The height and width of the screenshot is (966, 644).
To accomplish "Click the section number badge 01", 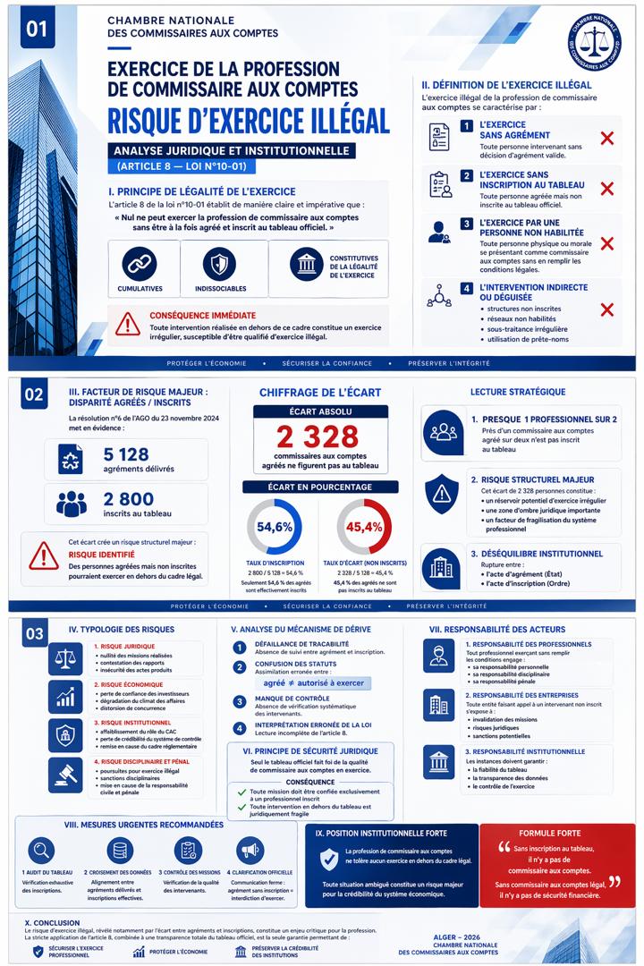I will point(37,29).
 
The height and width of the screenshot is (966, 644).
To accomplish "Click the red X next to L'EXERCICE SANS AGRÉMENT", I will point(606,138).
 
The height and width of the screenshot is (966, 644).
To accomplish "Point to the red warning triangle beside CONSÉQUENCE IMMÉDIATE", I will point(128,322).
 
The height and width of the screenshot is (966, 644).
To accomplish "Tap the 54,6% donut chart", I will point(275,527).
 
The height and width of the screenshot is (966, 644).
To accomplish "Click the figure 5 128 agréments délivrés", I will point(126,454).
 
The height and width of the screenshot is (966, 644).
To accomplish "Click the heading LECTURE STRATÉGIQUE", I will point(517,392).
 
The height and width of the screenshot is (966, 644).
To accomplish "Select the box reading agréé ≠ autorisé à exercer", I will point(301,682).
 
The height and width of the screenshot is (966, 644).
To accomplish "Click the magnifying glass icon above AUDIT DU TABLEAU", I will point(42,850).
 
